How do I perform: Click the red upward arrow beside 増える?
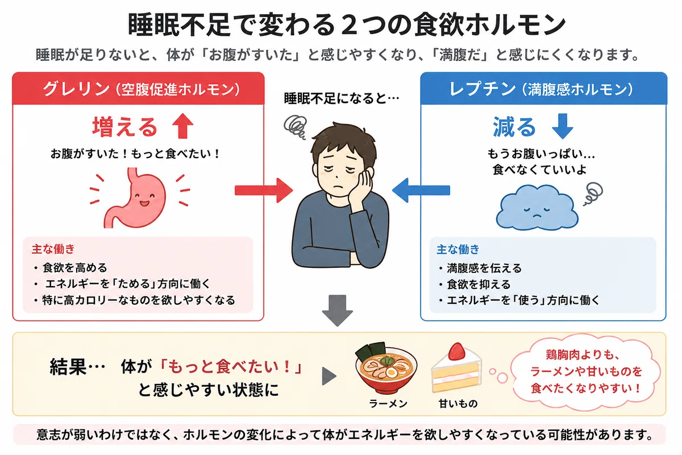[182, 126]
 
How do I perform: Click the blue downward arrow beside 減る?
[562, 126]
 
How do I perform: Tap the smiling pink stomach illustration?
[135, 197]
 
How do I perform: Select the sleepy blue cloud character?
[537, 207]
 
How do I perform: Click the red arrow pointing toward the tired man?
[264, 191]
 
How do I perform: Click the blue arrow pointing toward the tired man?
[421, 190]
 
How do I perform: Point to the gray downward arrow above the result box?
[338, 311]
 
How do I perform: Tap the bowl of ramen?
[386, 369]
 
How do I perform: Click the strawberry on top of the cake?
[457, 351]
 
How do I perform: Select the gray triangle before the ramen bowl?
[329, 376]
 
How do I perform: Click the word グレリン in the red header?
[76, 89]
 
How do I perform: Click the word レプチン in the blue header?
[483, 89]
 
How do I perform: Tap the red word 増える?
[125, 127]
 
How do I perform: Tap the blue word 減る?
[514, 127]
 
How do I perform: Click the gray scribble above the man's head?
[294, 127]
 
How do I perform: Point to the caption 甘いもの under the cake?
[458, 404]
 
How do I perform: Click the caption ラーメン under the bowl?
[388, 404]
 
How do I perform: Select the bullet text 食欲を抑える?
[479, 284]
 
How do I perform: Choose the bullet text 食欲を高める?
[75, 268]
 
